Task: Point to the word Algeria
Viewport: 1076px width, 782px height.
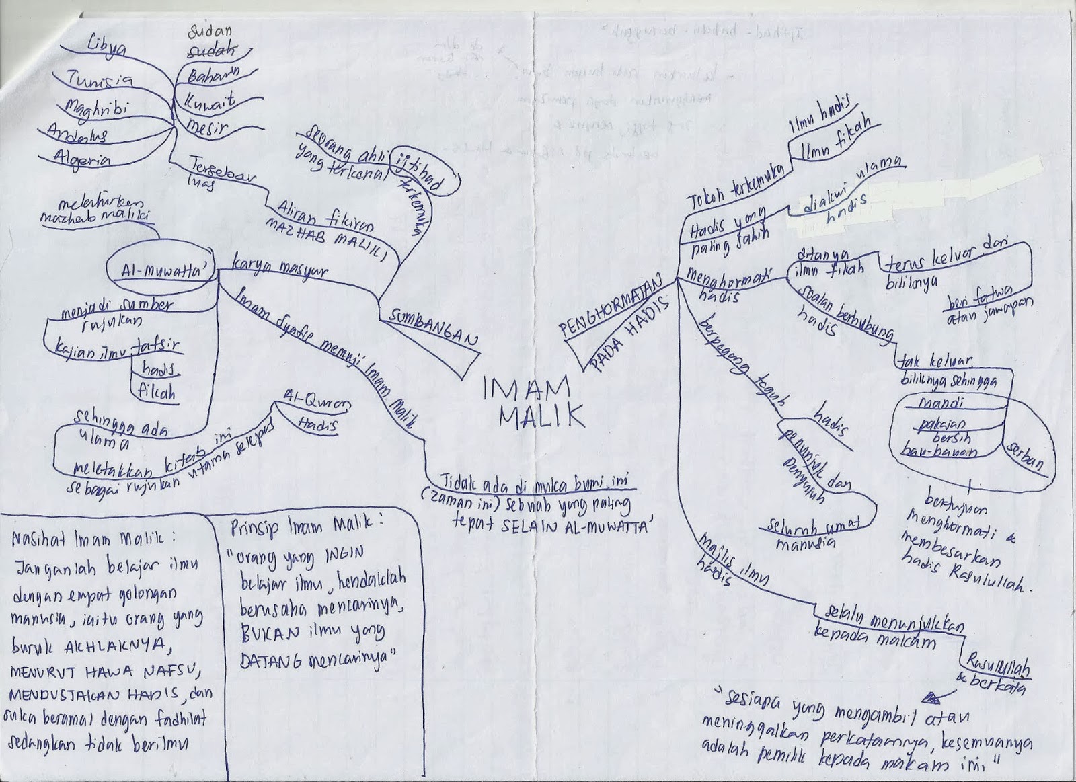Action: (x=84, y=161)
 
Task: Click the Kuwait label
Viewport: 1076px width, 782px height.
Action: (x=210, y=102)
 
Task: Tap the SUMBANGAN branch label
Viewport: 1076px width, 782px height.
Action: (x=430, y=327)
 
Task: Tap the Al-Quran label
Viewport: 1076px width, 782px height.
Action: (x=315, y=402)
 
